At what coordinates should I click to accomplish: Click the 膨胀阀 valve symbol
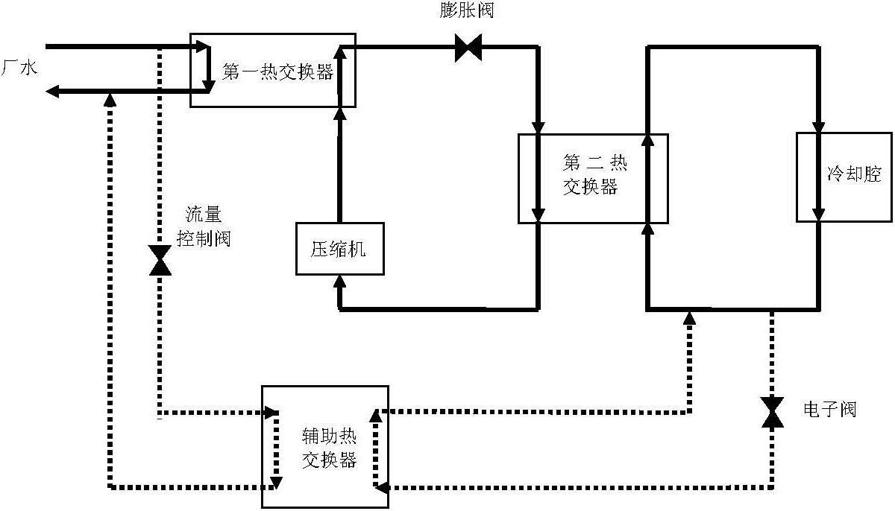[469, 50]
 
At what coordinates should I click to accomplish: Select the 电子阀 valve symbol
[773, 412]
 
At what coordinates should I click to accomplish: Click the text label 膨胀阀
[467, 11]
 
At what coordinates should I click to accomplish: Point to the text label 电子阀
[829, 409]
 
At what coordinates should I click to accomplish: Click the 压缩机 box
[339, 249]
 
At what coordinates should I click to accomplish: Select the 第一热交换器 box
[272, 70]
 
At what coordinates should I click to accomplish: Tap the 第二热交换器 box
[593, 178]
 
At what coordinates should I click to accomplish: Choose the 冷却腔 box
[844, 177]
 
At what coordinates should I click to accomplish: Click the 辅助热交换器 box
[324, 446]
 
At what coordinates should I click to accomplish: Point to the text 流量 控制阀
[203, 226]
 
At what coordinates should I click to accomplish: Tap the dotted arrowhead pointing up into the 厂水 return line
[110, 98]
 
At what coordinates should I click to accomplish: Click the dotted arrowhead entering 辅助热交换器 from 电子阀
[380, 488]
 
